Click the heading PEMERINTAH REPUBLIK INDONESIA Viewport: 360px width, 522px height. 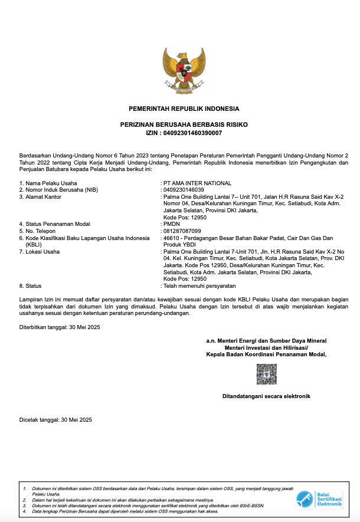tap(184, 109)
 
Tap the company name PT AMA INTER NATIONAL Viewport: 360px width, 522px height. tap(198, 183)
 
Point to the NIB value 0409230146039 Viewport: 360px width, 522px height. tap(184, 190)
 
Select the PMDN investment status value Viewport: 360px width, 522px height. tap(172, 224)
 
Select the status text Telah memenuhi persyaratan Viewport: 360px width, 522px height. tap(195, 285)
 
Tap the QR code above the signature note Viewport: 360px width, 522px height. tap(266, 374)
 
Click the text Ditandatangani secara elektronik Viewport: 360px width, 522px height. tap(266, 396)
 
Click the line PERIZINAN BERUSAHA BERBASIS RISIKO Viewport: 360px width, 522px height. tap(184, 125)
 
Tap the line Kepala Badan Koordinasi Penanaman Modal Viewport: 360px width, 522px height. tap(266, 354)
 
